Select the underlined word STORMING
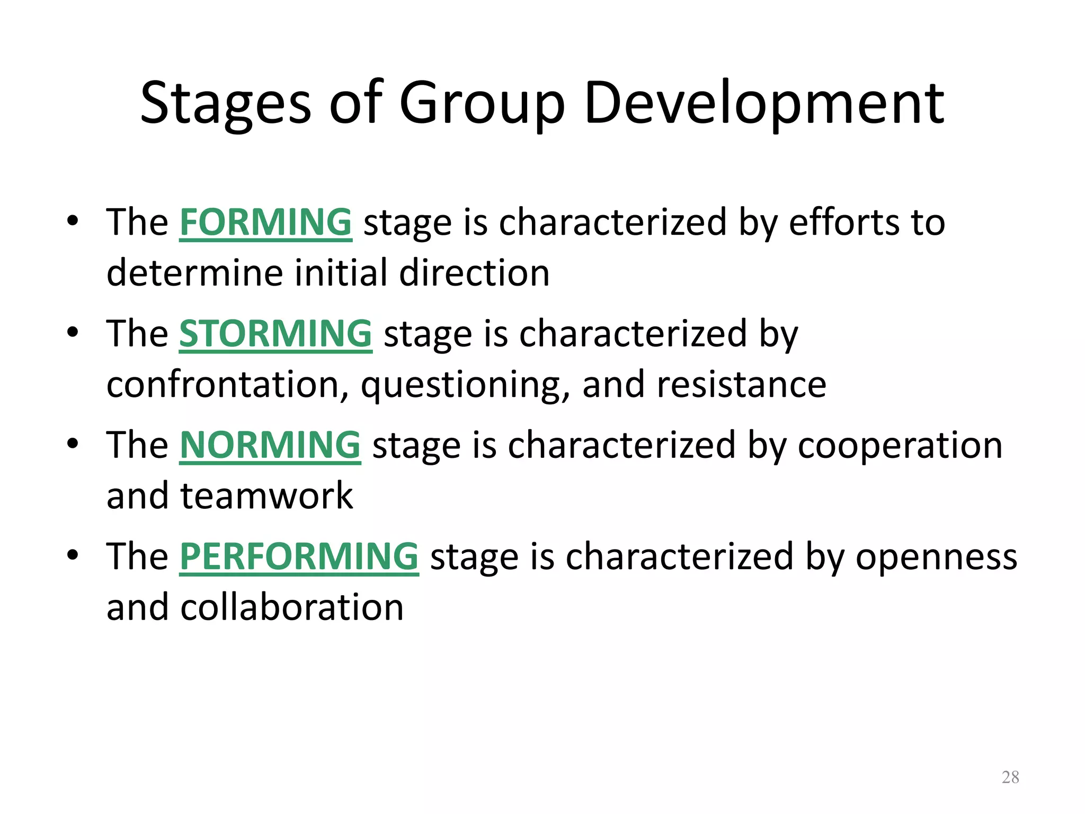point(275,333)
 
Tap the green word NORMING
point(270,445)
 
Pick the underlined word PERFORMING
point(299,556)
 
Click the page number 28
point(1010,777)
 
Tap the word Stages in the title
point(226,104)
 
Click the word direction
point(474,273)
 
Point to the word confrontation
point(223,384)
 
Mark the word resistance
point(741,384)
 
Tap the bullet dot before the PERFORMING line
point(73,555)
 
